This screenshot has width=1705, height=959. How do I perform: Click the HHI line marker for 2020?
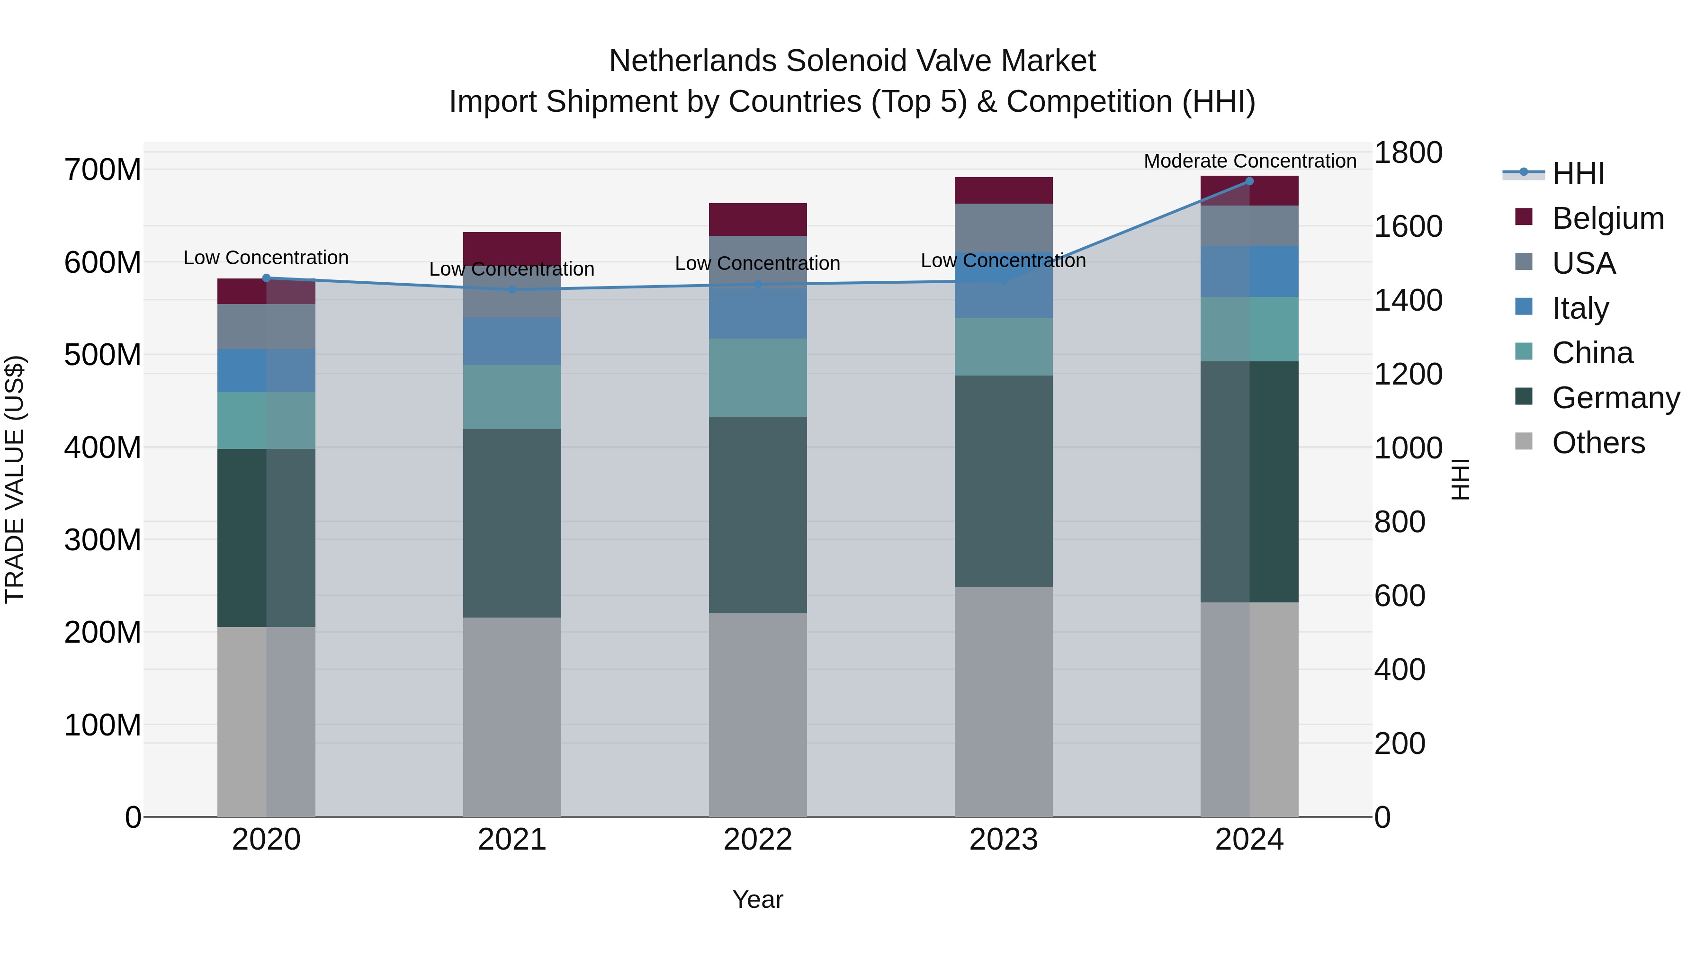[266, 278]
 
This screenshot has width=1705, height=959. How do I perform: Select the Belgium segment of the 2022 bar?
[758, 219]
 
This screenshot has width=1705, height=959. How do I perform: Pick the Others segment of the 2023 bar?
[1004, 701]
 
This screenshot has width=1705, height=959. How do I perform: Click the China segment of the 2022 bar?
[758, 377]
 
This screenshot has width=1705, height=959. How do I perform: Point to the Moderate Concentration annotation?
[1250, 161]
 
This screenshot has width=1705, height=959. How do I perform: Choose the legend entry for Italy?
[1580, 308]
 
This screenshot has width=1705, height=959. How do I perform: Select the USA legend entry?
[1583, 263]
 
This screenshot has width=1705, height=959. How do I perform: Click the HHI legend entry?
[1578, 173]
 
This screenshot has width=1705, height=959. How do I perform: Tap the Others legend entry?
[1598, 443]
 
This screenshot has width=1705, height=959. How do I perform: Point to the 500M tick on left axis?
[103, 355]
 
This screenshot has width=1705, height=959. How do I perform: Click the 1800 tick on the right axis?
[1408, 153]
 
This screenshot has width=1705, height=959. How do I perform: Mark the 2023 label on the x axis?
[1004, 840]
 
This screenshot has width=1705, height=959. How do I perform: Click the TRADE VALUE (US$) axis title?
[15, 479]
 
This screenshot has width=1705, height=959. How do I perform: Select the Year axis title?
[757, 899]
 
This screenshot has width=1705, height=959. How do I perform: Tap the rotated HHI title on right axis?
[1460, 479]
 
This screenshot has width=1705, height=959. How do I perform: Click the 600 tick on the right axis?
[1399, 596]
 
